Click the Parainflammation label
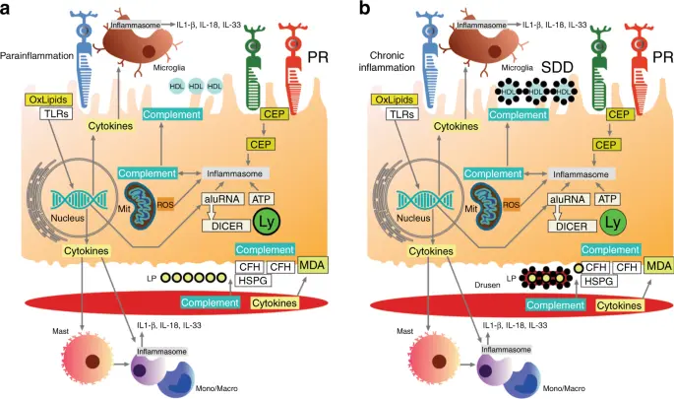(x=37, y=56)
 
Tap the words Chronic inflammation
(x=387, y=61)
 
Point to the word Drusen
(x=487, y=285)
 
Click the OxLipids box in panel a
(x=48, y=100)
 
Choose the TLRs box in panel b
(x=402, y=114)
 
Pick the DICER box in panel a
(x=226, y=226)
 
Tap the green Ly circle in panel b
(x=612, y=223)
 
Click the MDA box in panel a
(x=312, y=265)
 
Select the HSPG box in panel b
(x=599, y=281)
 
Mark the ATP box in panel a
(x=261, y=199)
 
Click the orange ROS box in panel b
(x=511, y=205)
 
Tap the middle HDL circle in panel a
(x=196, y=86)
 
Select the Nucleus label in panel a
(x=68, y=218)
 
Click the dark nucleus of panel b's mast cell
(x=439, y=361)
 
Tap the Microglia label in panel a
(x=169, y=68)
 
